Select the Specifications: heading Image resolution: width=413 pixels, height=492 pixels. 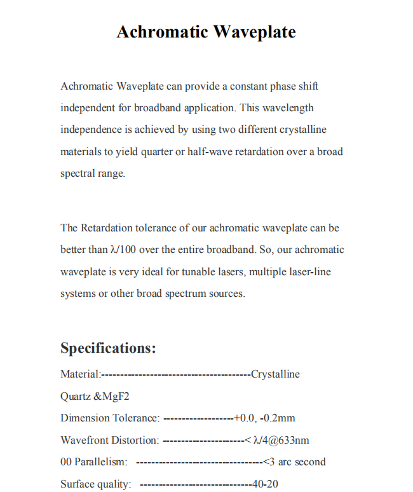tap(108, 348)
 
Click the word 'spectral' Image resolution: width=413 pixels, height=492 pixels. tap(76, 174)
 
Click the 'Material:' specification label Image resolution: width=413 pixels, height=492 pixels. tap(80, 374)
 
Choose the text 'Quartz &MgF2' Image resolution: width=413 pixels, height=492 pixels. tap(96, 396)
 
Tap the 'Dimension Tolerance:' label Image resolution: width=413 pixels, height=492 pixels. tap(110, 418)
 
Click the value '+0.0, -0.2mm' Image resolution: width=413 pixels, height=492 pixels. tap(264, 418)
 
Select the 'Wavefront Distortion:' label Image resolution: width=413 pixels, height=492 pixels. tap(110, 441)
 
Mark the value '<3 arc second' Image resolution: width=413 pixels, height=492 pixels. tap(294, 462)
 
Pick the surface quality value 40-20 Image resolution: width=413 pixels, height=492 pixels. tap(265, 484)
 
